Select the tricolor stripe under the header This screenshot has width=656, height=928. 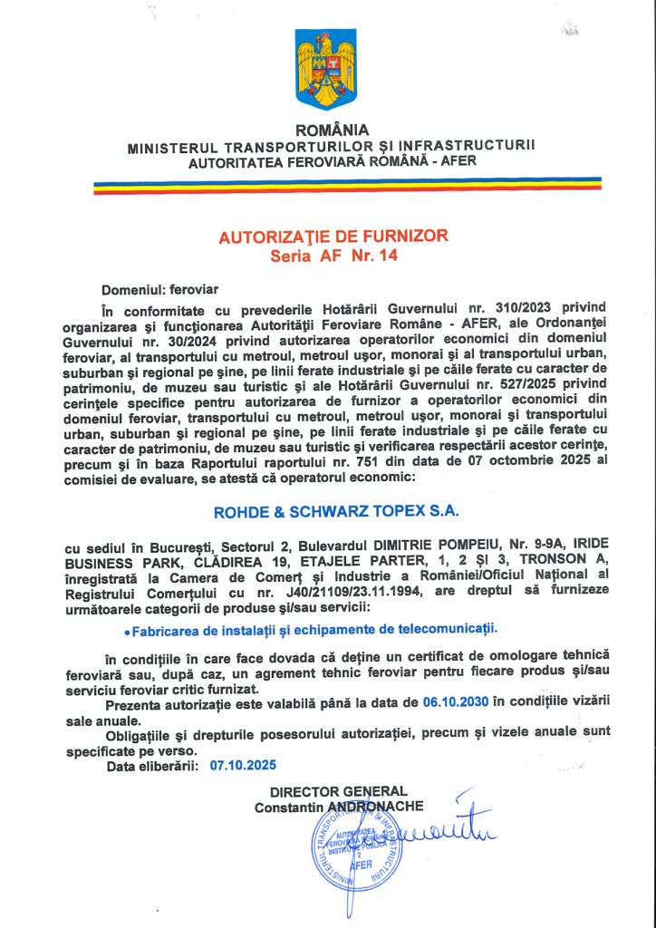(347, 185)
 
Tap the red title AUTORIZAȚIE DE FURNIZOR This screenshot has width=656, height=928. (333, 237)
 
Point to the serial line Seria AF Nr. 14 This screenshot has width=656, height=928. (333, 256)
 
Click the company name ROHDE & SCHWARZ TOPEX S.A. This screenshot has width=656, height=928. (336, 511)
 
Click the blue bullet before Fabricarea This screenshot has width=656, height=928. (125, 628)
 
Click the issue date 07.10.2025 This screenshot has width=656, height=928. (242, 765)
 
